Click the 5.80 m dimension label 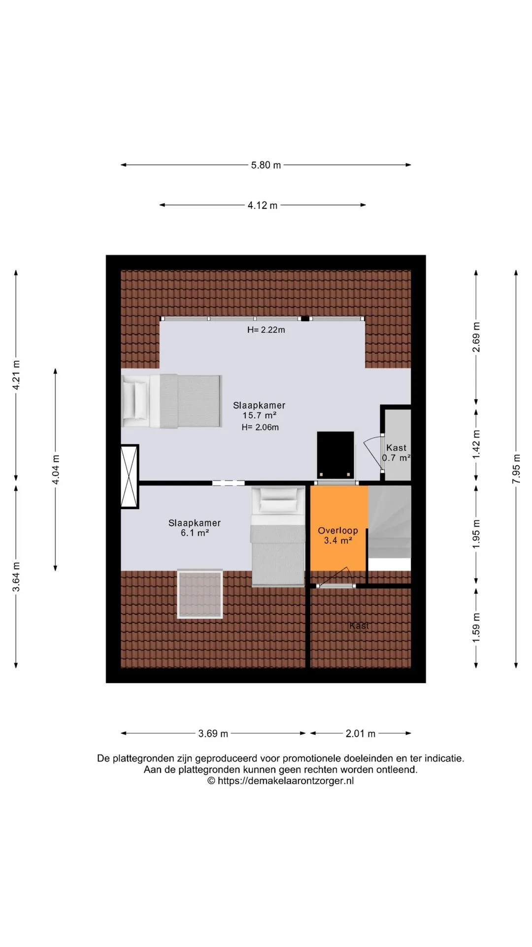point(266,165)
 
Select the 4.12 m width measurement point(263,205)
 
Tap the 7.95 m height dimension point(516,469)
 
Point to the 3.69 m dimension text point(213,733)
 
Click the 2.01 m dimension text point(361,733)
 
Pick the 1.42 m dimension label point(476,444)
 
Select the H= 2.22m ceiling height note point(266,330)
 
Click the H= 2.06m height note point(260,427)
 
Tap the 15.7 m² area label point(259,416)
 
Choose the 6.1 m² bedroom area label point(195,533)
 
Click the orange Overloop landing point(338,528)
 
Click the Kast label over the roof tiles point(359,625)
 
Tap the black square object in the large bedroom point(335,452)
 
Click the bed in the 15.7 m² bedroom point(171,401)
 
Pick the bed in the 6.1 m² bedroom point(277,537)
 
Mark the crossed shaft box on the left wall point(130,476)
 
